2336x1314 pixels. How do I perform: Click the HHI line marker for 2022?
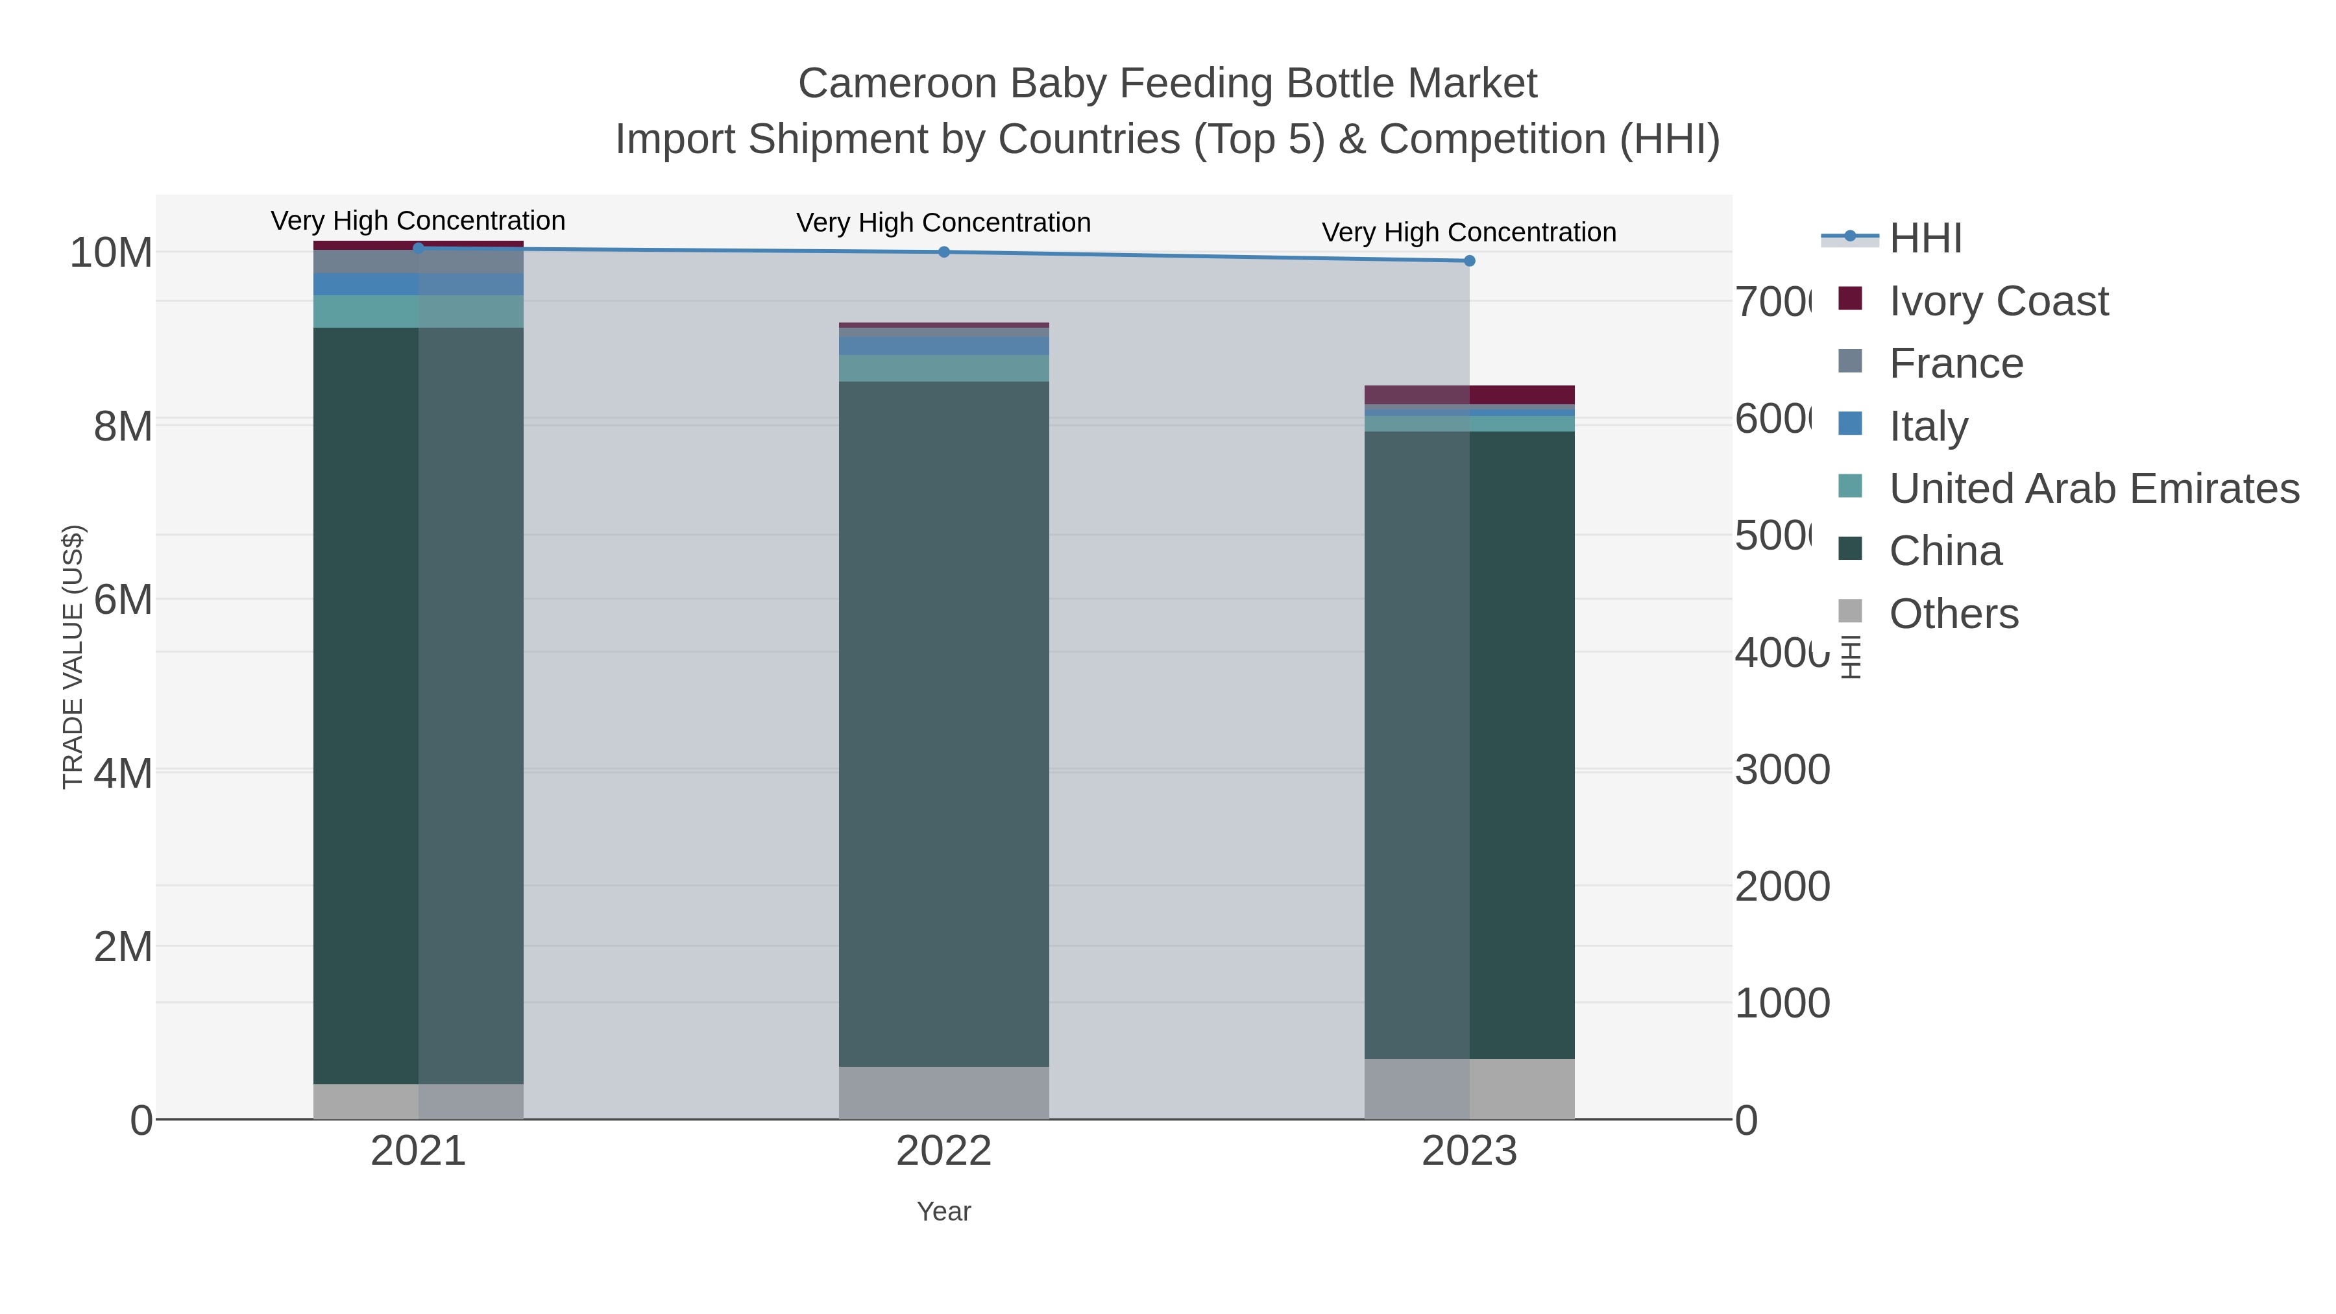(x=944, y=252)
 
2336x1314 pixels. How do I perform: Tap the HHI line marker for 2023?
(x=1469, y=261)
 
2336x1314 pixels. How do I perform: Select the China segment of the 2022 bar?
(x=944, y=724)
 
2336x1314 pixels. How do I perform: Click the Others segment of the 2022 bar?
(x=944, y=1093)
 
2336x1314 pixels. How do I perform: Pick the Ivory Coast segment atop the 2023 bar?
(x=1469, y=395)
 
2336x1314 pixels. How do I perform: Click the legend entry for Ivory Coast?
(x=1998, y=301)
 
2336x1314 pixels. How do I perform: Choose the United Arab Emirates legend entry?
(x=2093, y=489)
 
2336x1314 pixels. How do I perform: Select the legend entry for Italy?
(x=1928, y=426)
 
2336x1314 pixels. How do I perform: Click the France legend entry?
(x=1955, y=363)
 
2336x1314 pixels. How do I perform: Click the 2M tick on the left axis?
(x=123, y=947)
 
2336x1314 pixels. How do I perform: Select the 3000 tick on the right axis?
(x=1782, y=770)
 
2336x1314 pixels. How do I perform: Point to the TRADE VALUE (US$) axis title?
(x=73, y=657)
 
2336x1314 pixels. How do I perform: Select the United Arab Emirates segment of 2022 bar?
(x=944, y=368)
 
